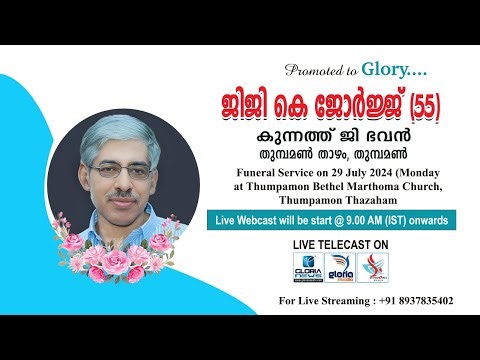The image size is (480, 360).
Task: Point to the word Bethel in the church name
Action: click(x=307, y=185)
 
